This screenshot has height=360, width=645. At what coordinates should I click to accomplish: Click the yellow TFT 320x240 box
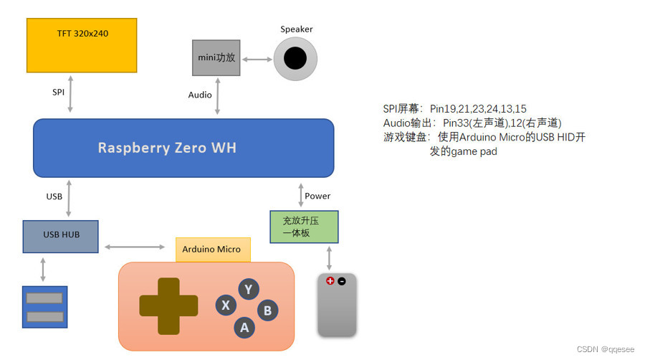coord(82,45)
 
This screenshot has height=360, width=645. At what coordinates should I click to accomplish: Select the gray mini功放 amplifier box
coord(216,57)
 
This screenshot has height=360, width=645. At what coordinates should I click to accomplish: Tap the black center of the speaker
coord(295,58)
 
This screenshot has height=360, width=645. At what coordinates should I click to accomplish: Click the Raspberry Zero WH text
coord(167,148)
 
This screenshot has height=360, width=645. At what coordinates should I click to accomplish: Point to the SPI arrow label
coord(59,92)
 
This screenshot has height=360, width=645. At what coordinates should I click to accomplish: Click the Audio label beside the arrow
coord(200,95)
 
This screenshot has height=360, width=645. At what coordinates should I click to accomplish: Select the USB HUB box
coord(61,236)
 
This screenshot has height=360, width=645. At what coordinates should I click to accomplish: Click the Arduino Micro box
coord(212,249)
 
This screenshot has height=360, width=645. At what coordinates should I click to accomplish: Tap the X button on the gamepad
coord(226,305)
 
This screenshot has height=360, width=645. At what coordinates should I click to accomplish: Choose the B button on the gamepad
coord(267,311)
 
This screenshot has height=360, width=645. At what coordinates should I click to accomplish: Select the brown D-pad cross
coord(168,306)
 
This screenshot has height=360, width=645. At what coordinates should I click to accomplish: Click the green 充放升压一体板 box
coord(304,227)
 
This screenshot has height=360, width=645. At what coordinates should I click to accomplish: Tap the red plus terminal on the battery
coord(330,281)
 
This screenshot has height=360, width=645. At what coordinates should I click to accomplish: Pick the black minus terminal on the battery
coord(342,281)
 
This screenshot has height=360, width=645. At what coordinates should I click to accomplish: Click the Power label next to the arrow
coord(317,196)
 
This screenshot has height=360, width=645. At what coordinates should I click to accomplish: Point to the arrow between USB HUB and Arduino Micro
coord(135,247)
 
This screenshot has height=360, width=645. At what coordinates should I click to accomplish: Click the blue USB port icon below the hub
coord(44,307)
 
